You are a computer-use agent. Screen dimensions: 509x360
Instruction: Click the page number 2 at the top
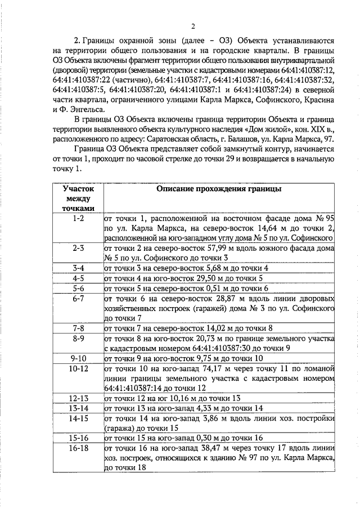coord(192,26)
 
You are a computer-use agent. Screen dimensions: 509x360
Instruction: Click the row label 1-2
coord(78,219)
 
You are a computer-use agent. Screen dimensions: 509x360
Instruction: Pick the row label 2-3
coord(78,248)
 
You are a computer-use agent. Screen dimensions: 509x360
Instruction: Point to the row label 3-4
coord(78,268)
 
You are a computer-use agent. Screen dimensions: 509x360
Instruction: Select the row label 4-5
coord(78,278)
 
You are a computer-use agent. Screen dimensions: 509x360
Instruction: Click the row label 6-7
coord(78,298)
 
